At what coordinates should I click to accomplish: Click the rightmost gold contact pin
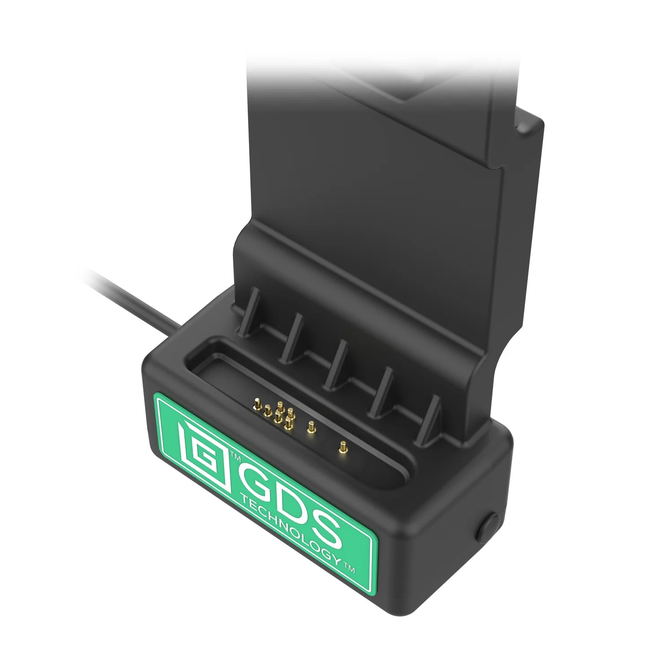(342, 447)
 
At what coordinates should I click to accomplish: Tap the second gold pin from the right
(309, 428)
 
